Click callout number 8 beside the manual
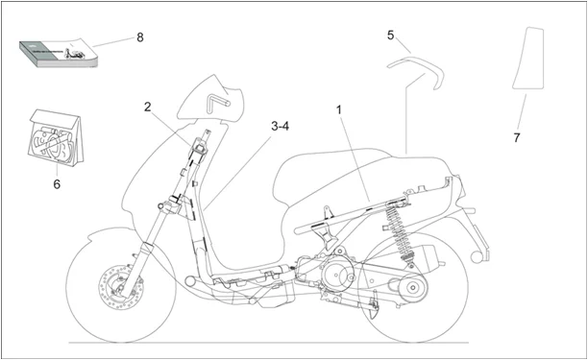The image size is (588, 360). (x=140, y=37)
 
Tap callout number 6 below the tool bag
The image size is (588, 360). (x=57, y=184)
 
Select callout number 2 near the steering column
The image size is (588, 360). (x=148, y=107)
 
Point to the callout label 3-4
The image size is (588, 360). (x=281, y=127)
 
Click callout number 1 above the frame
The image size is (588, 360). (x=339, y=110)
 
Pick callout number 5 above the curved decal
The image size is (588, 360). (x=391, y=36)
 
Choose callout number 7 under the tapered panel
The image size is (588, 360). (x=517, y=137)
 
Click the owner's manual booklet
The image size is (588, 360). (x=58, y=54)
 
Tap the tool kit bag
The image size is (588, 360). (x=56, y=137)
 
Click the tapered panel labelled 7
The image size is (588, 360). (x=529, y=58)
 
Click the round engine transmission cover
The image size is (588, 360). (x=336, y=276)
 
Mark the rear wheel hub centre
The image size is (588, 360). (x=413, y=288)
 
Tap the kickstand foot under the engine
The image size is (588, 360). (x=372, y=313)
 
